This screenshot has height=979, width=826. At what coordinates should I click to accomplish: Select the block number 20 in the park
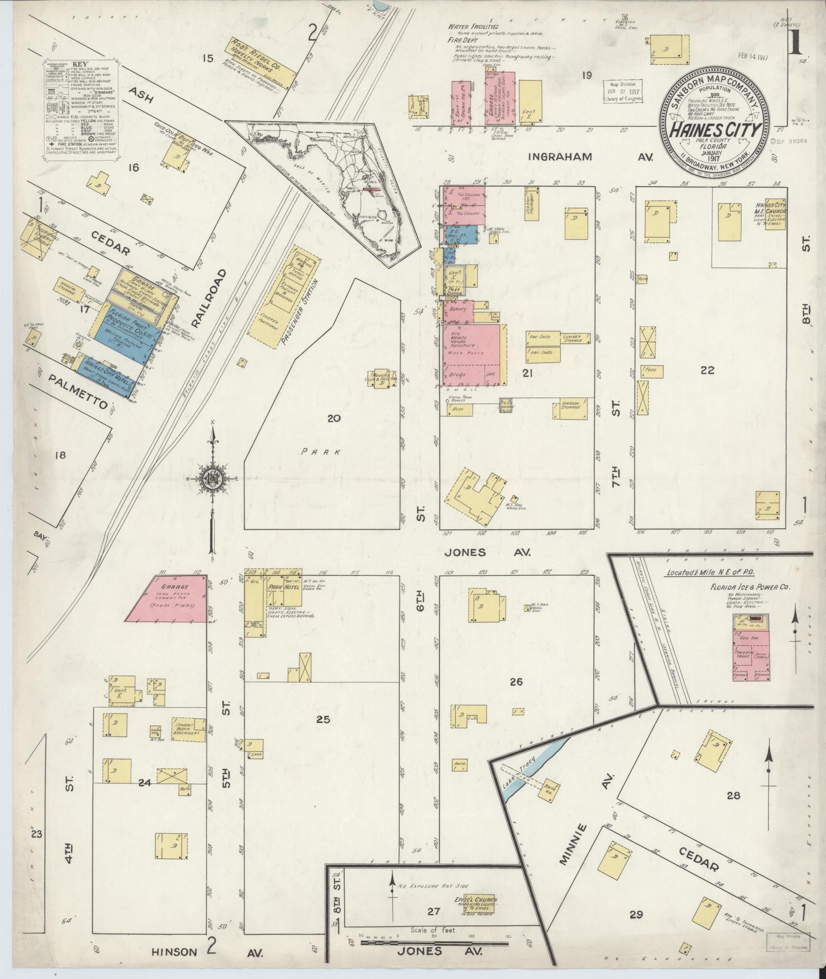pyautogui.click(x=334, y=419)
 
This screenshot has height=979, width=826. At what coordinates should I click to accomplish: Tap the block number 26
pyautogui.click(x=516, y=682)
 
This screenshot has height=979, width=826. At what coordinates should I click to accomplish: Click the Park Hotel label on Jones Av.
pyautogui.click(x=281, y=588)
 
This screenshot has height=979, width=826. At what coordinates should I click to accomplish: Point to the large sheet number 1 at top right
pyautogui.click(x=795, y=43)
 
